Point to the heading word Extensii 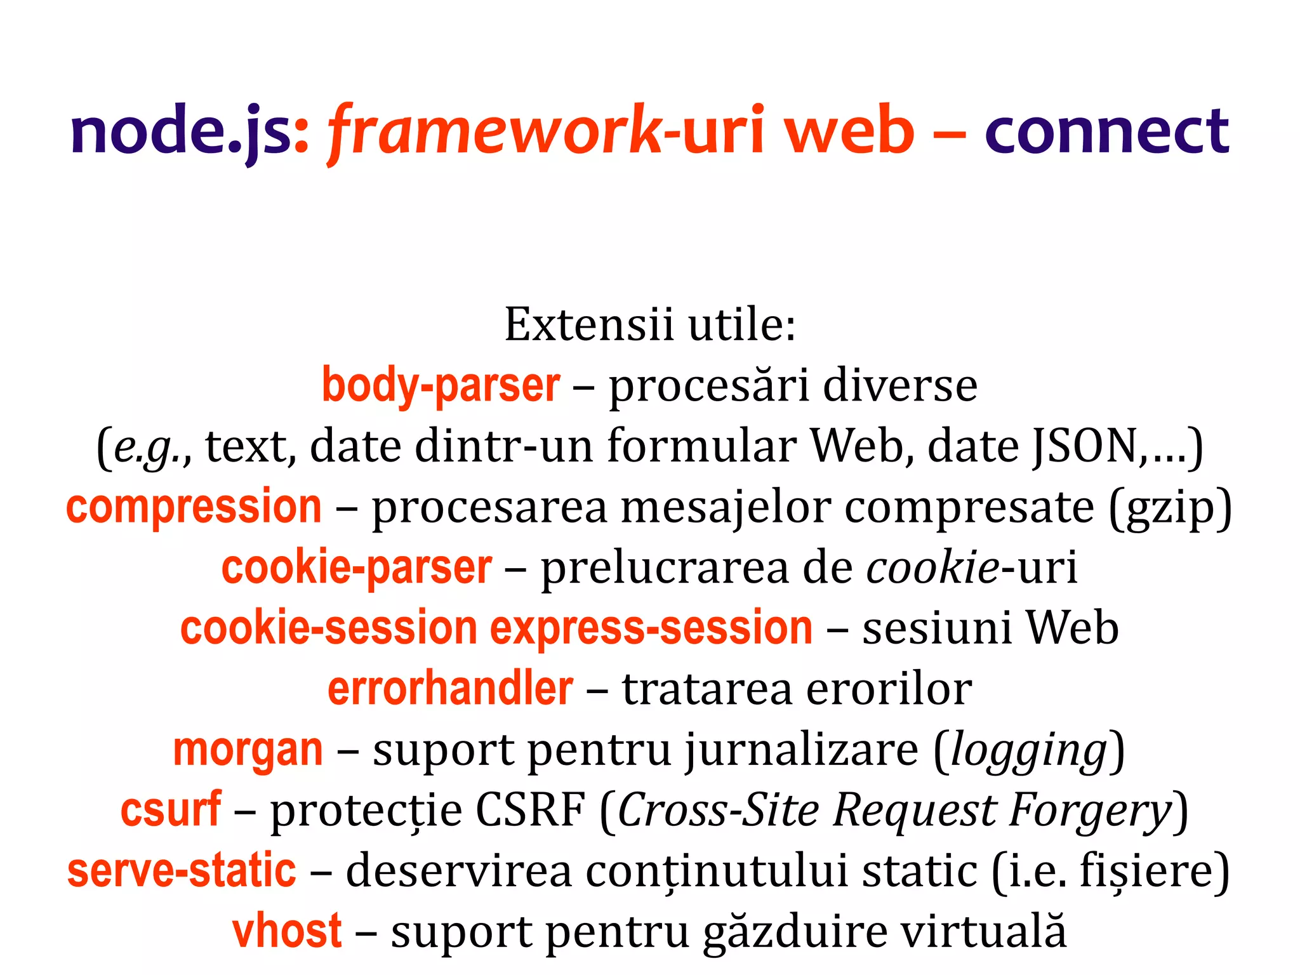coord(588,324)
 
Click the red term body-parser coord(441,385)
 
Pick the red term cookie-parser coord(356,567)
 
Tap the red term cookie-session coord(328,628)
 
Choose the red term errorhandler coord(450,689)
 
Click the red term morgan coord(248,750)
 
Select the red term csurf coord(171,810)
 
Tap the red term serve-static coord(182,871)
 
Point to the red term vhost coord(287,931)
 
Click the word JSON coord(1085,446)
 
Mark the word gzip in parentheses coord(1169,508)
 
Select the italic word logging coord(1029,751)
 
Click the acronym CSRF coord(530,811)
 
